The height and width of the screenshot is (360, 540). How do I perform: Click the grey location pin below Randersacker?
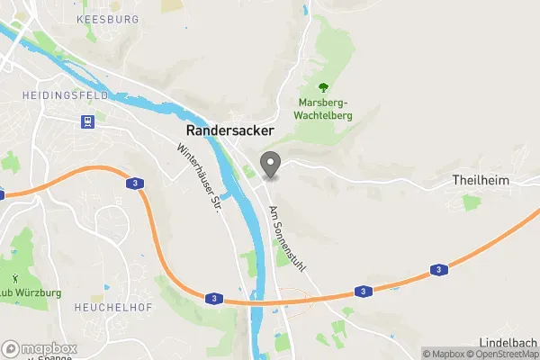270,164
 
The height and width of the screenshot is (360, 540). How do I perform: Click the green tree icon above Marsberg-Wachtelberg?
325,88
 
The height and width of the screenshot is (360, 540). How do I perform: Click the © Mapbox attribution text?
443,354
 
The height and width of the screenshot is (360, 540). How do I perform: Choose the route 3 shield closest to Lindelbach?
438,269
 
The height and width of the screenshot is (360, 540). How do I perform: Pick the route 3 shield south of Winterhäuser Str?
212,298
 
